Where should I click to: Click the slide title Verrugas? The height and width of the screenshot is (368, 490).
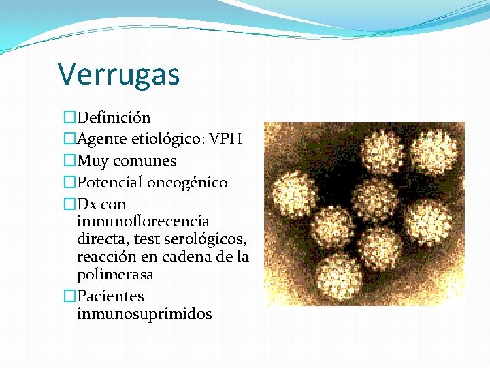pos(118,74)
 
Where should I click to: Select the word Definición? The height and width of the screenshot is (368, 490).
pos(114,118)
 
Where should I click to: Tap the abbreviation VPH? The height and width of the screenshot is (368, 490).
pos(225,140)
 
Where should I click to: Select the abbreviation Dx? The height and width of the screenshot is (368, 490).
pos(87,204)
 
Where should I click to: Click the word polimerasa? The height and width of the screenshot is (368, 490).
pos(115,275)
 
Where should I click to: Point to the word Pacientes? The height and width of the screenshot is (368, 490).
pos(110,296)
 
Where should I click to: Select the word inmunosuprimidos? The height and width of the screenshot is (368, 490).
pos(144,314)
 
